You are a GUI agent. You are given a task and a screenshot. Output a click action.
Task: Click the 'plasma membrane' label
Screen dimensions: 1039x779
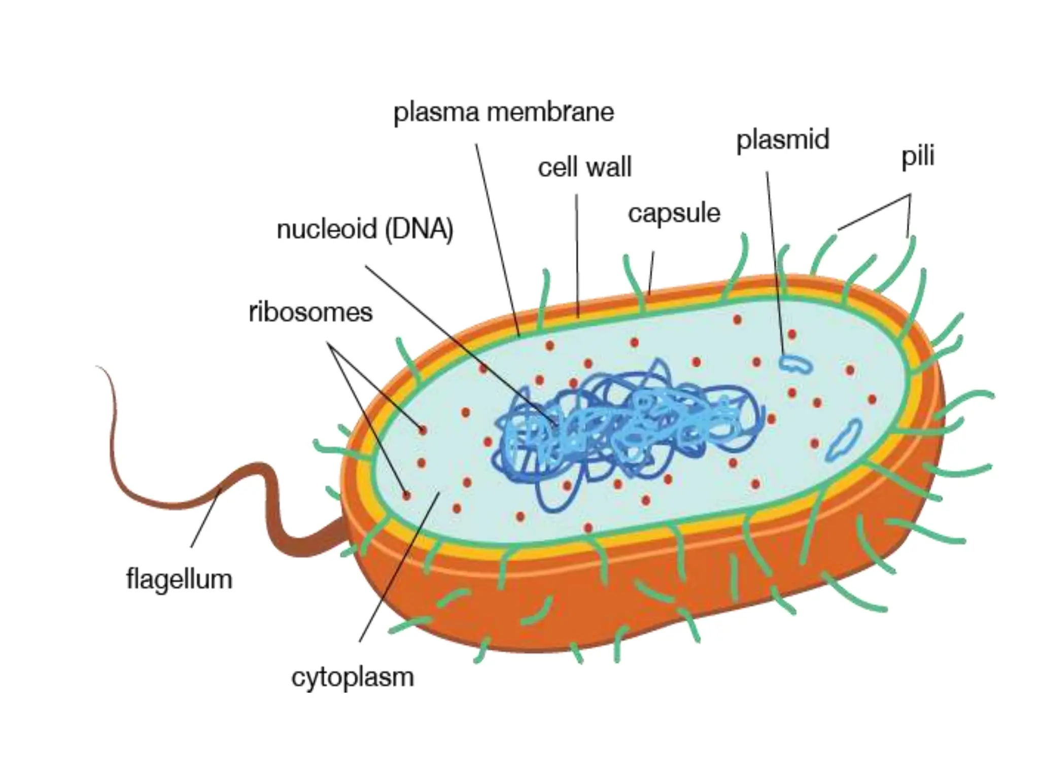(504, 113)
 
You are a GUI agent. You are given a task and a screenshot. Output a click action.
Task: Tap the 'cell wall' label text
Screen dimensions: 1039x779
(584, 167)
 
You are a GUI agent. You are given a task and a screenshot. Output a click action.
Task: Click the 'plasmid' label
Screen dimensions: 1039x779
(783, 140)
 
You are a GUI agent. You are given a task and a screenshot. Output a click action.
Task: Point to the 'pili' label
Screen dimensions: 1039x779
(918, 157)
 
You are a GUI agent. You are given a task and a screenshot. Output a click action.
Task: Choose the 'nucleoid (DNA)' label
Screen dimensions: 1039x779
(365, 230)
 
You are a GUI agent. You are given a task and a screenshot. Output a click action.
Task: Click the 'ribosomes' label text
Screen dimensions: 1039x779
(310, 312)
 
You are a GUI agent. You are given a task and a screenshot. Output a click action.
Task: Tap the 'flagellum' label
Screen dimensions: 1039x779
(179, 579)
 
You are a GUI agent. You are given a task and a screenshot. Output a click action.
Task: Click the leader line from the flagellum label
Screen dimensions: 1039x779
(205, 517)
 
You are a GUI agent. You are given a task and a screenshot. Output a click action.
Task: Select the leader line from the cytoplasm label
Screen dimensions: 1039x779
(399, 566)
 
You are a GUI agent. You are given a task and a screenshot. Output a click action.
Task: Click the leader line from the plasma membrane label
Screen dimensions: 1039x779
(498, 240)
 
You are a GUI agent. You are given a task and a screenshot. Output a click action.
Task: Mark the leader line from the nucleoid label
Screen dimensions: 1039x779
(461, 346)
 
